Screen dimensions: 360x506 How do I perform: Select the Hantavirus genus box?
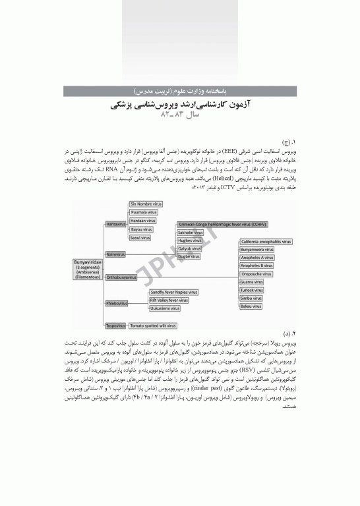(x=116, y=225)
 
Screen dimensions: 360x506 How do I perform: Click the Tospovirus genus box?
(x=116, y=325)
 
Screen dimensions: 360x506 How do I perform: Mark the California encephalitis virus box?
(x=265, y=242)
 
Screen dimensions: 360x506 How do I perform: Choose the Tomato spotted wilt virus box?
(x=152, y=325)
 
